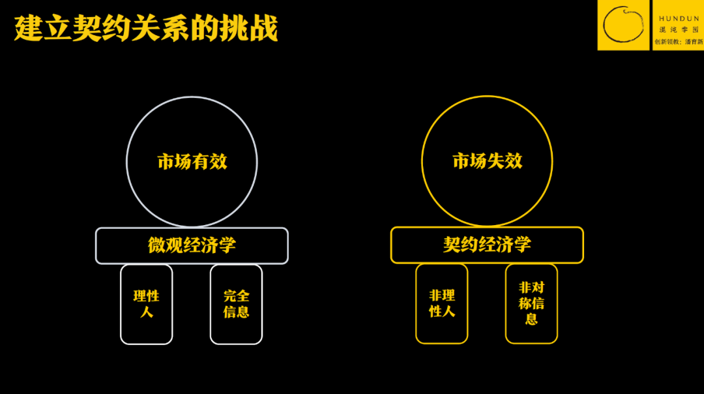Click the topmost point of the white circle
point(192,97)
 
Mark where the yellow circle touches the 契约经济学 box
point(487,226)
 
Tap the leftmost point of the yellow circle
point(422,161)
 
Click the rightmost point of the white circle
point(257,162)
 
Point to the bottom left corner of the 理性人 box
point(121,344)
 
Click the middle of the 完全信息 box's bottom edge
point(236,344)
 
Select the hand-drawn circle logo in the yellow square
point(623,25)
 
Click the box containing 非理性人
point(442,304)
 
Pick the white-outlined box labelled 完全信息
point(236,305)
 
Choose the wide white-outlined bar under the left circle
point(192,246)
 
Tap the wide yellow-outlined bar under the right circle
point(487,245)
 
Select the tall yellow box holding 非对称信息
point(532,304)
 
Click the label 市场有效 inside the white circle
point(192,162)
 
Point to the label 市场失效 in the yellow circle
point(487,161)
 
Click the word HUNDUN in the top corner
point(679,18)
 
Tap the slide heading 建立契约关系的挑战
point(147,28)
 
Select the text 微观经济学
point(192,245)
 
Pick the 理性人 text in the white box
point(147,304)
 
